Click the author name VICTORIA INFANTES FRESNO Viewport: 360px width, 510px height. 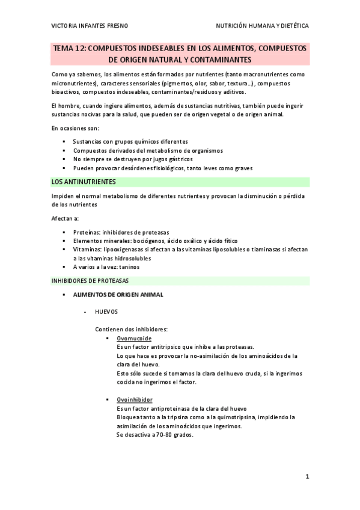[x=90, y=26]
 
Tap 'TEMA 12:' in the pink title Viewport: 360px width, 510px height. [x=70, y=49]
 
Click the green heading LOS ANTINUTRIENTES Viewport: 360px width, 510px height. [x=84, y=181]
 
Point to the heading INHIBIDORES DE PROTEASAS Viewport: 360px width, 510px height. [x=90, y=280]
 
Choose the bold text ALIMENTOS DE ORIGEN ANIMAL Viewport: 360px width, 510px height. [x=118, y=295]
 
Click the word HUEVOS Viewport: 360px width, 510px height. [x=106, y=312]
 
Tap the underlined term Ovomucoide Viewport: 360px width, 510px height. [x=134, y=339]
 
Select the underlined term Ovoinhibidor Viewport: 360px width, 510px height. [x=135, y=399]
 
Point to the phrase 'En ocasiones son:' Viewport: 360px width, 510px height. [x=76, y=128]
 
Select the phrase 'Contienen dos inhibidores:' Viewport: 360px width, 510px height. [x=131, y=329]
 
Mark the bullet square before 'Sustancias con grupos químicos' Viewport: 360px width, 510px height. [x=64, y=141]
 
